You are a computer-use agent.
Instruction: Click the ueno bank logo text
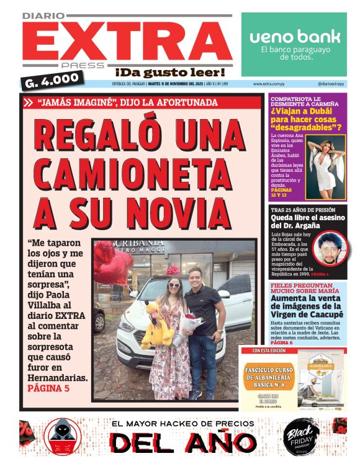tap(295, 37)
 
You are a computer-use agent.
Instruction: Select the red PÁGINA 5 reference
tap(48, 388)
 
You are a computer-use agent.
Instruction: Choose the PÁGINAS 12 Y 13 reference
tap(282, 192)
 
